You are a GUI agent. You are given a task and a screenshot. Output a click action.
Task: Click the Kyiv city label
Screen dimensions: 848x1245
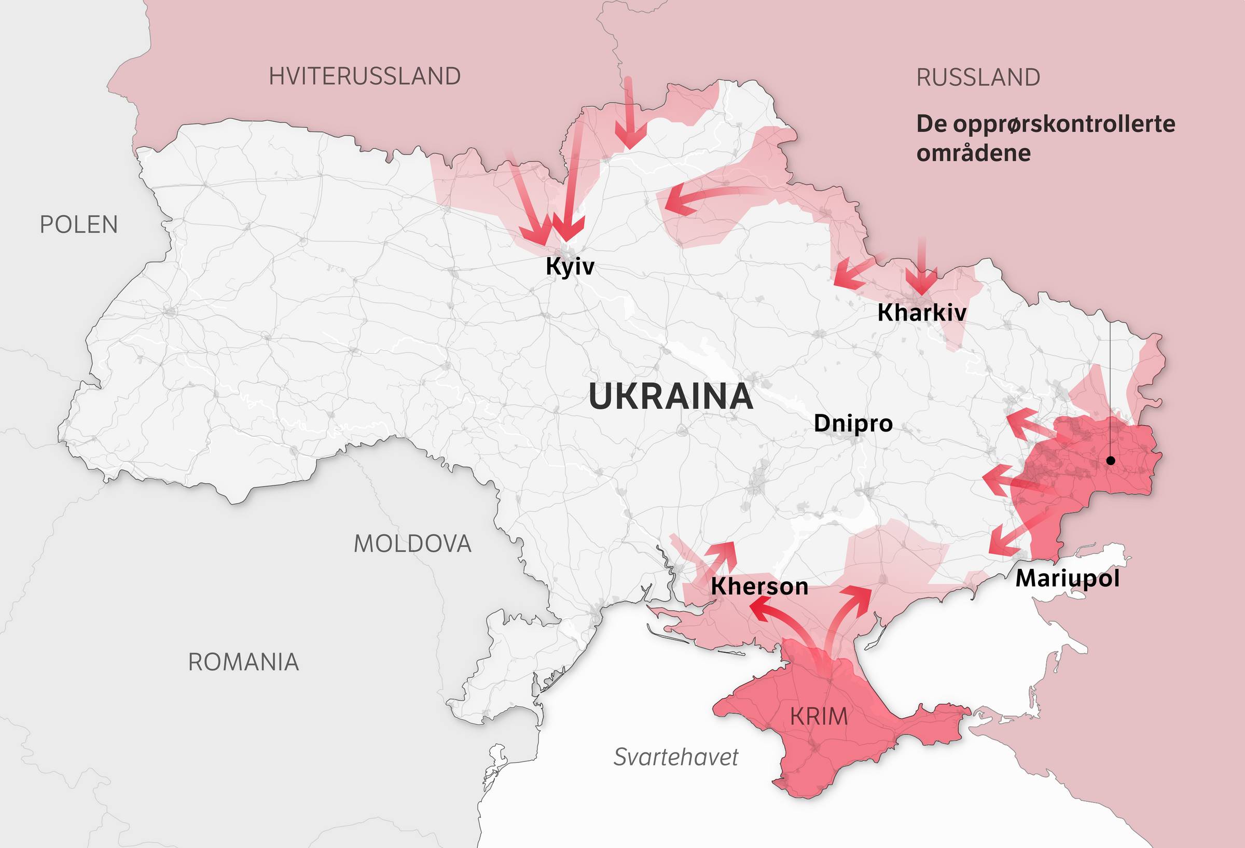click(x=570, y=266)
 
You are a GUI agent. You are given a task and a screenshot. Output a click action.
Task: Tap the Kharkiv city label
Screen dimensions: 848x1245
click(x=921, y=313)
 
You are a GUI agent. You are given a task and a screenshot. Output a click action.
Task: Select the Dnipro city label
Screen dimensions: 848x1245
click(x=853, y=423)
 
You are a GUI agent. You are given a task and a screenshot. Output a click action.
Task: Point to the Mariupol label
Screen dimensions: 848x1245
click(x=1067, y=578)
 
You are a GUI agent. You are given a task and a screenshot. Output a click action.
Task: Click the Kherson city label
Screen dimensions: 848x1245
click(x=759, y=587)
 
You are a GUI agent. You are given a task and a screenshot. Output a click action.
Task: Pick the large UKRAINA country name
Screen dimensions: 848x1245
click(x=670, y=397)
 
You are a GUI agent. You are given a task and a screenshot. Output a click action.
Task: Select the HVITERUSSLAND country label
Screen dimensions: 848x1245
click(x=364, y=77)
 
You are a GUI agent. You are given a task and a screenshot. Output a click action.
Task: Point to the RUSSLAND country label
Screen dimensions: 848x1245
click(x=978, y=78)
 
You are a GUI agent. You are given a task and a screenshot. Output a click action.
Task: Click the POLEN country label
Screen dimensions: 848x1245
click(x=79, y=225)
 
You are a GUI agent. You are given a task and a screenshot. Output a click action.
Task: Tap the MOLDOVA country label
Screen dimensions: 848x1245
click(x=412, y=544)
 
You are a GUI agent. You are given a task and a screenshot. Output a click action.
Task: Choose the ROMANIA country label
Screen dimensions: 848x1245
click(x=243, y=663)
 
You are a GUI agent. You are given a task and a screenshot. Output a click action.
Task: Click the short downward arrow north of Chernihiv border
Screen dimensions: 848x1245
click(x=629, y=115)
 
